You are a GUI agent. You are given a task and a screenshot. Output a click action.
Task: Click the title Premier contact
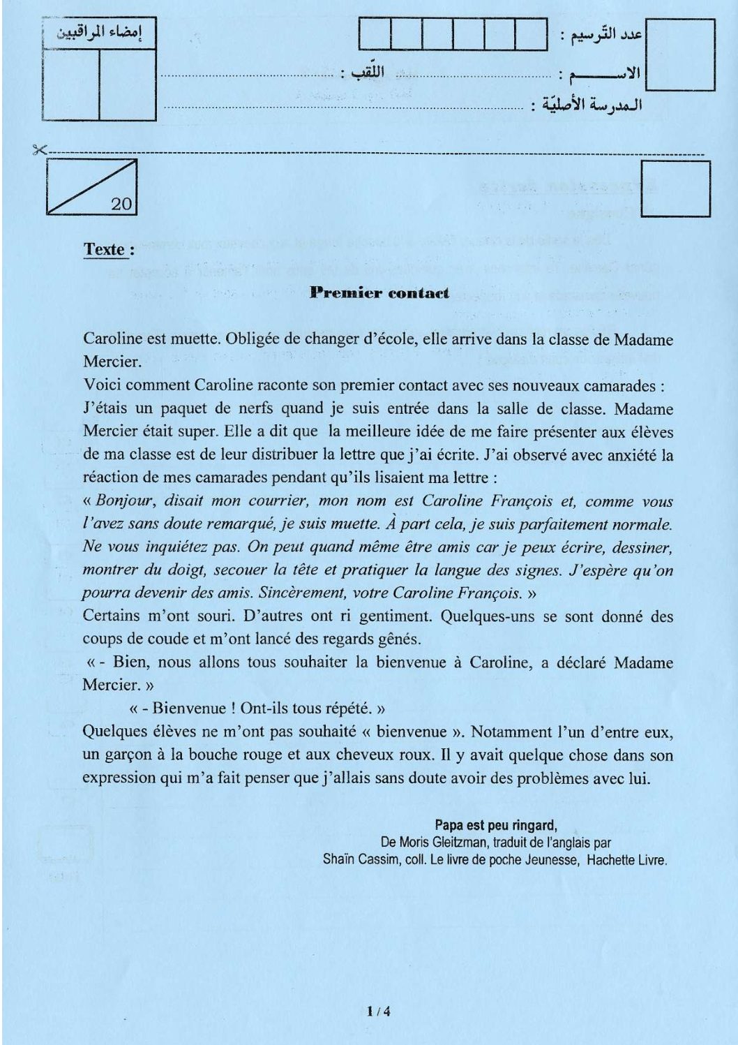click(379, 292)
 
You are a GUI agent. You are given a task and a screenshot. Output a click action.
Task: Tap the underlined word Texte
click(105, 249)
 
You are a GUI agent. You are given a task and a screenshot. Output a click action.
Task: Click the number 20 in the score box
click(121, 203)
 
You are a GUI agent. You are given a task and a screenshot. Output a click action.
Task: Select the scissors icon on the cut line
click(38, 149)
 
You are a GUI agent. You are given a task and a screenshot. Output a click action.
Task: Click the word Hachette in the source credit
click(611, 860)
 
